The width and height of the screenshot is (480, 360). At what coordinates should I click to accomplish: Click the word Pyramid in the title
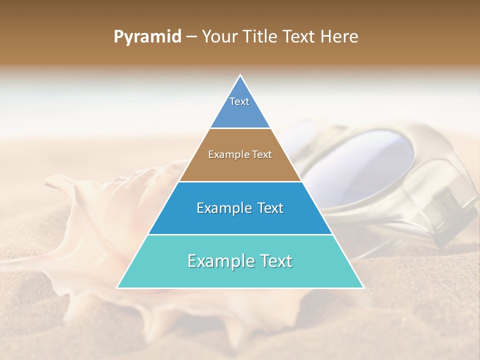point(147,37)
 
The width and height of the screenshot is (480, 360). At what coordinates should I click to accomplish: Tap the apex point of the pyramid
point(240,75)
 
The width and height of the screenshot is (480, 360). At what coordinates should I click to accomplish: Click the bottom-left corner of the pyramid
point(117,287)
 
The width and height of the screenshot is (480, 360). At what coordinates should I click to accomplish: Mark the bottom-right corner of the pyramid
point(363,287)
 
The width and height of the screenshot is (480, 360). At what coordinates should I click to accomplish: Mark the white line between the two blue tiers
point(240,234)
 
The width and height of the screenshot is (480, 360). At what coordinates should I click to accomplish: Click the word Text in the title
point(300,37)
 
